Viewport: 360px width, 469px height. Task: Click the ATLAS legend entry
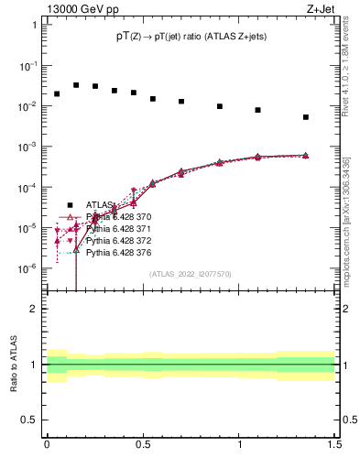click(x=100, y=204)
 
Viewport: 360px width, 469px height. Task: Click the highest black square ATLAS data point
click(x=76, y=84)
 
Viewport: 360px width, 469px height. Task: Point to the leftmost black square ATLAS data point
click(x=57, y=93)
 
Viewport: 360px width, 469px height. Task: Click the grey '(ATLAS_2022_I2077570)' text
click(x=190, y=273)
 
